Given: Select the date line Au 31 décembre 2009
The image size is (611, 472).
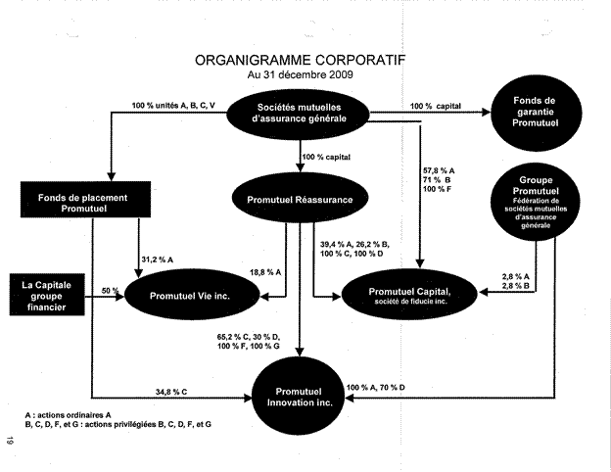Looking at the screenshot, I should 301,74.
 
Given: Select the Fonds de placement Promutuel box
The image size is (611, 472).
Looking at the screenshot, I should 86,201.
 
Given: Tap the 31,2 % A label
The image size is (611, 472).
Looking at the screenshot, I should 159,259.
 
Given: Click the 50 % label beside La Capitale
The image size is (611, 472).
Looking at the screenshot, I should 109,291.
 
